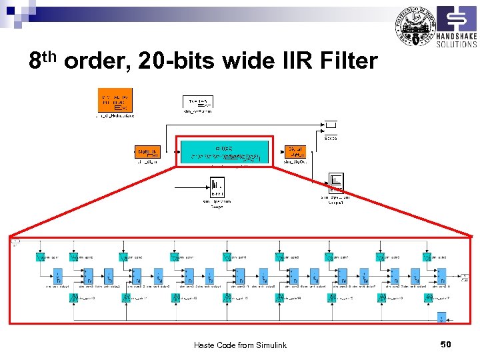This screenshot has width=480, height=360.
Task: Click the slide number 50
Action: [x=447, y=344]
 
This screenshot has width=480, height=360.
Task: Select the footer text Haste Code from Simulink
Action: [x=240, y=345]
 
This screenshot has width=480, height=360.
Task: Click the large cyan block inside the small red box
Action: [x=224, y=151]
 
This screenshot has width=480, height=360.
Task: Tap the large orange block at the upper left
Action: [x=115, y=100]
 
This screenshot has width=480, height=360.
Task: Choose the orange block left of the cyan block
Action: [x=147, y=152]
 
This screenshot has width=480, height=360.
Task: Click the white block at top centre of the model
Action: [x=198, y=102]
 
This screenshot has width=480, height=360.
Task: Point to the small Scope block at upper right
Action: [x=331, y=125]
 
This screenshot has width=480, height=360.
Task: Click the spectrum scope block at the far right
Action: [x=336, y=181]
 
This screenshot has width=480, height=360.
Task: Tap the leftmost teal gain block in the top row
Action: [x=41, y=257]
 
